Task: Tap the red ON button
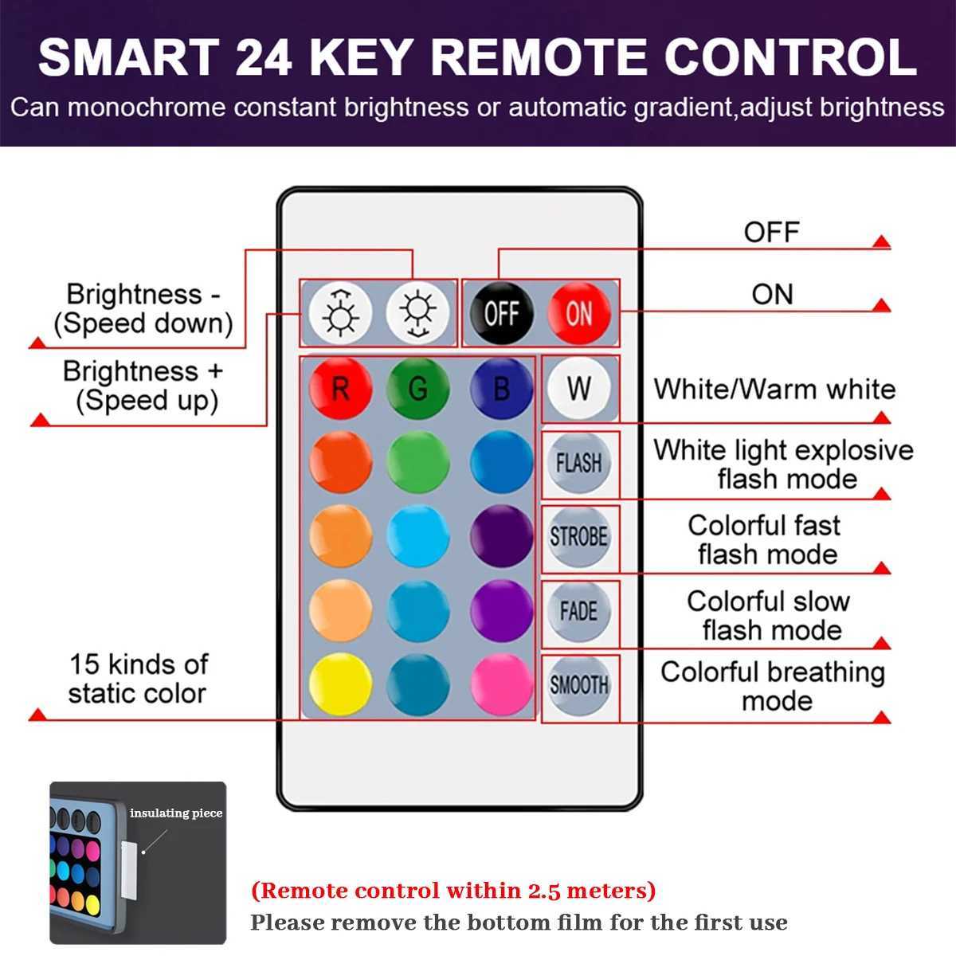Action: coord(579,313)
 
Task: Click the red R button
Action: coord(340,389)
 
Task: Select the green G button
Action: coord(418,389)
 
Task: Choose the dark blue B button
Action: coord(501,389)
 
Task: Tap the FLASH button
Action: coord(579,463)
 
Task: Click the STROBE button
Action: coord(579,537)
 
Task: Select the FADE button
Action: coord(579,611)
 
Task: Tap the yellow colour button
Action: coord(340,684)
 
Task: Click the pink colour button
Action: coord(501,684)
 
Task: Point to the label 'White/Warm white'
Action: coord(774,390)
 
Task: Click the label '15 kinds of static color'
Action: coord(138,679)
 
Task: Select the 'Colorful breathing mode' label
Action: coord(773,686)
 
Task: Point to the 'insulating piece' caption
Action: coord(176,813)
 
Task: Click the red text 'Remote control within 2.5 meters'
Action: coord(453,890)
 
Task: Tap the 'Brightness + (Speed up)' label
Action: coord(143,386)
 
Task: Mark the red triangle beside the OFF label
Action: coord(881,241)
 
